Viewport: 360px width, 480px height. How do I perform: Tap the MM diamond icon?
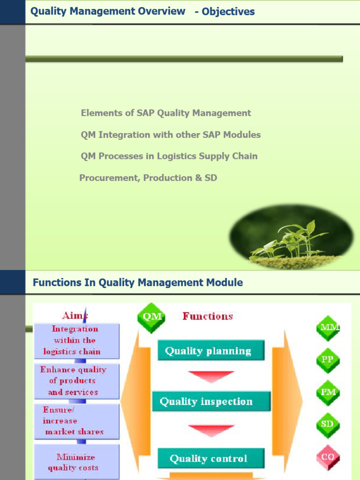click(x=328, y=328)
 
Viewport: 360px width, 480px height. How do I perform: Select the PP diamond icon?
click(x=328, y=360)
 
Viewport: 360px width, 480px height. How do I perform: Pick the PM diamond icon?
click(x=328, y=392)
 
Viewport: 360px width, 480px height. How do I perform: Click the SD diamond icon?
click(x=328, y=424)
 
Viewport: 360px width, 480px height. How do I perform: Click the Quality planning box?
click(x=210, y=351)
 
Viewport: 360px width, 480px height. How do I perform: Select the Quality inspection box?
click(x=211, y=402)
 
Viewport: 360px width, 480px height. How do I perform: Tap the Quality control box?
click(x=210, y=458)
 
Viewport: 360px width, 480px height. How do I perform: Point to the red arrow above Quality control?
click(x=211, y=429)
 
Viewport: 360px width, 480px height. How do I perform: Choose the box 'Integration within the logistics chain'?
click(x=76, y=341)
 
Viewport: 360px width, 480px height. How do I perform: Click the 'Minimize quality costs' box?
click(x=76, y=462)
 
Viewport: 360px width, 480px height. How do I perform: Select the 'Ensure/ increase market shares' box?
click(x=76, y=421)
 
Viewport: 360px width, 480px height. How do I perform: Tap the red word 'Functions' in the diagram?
click(x=208, y=316)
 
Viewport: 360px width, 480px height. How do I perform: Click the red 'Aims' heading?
click(x=75, y=315)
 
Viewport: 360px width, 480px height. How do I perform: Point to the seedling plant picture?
click(x=291, y=237)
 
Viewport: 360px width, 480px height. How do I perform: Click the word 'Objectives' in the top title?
click(x=228, y=12)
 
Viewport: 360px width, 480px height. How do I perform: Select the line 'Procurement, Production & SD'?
click(x=148, y=178)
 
